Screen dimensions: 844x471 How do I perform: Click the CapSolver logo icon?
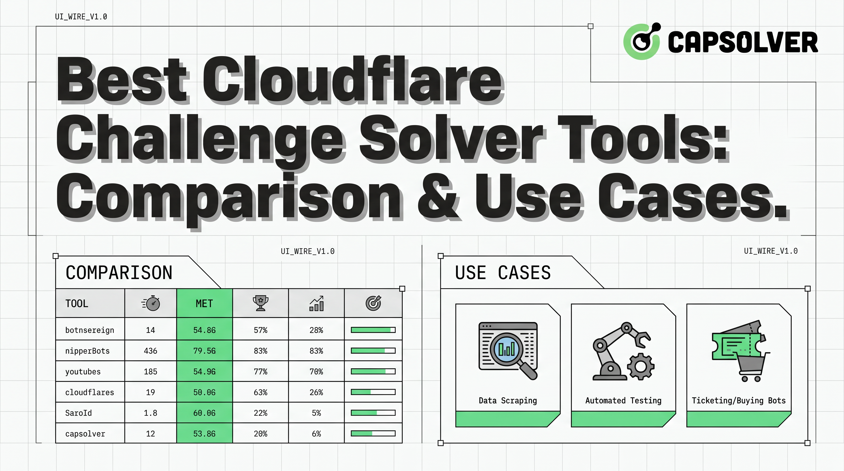coord(642,41)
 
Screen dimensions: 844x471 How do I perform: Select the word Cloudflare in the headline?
coord(353,80)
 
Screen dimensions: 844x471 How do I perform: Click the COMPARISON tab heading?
coord(119,273)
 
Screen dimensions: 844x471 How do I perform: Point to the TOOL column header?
coord(77,303)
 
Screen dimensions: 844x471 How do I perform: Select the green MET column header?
coord(204,303)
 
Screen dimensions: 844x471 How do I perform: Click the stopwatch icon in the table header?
coord(151,303)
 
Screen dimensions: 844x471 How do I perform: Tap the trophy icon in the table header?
coord(260,303)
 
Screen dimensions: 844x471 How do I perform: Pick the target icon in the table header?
coord(373,303)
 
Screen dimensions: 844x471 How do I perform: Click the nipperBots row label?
coord(87,351)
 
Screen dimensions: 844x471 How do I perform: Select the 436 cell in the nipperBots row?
coord(150,351)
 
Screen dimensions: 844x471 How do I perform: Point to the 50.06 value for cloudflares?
coord(205,392)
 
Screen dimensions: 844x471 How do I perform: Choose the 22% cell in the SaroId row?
coord(260,413)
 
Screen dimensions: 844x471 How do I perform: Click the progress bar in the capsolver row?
coord(373,433)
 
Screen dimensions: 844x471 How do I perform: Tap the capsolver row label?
coord(85,434)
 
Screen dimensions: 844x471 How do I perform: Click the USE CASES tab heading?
coord(503,273)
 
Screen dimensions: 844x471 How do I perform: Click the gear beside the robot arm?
coord(641,366)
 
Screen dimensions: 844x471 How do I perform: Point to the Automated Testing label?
coord(623,400)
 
